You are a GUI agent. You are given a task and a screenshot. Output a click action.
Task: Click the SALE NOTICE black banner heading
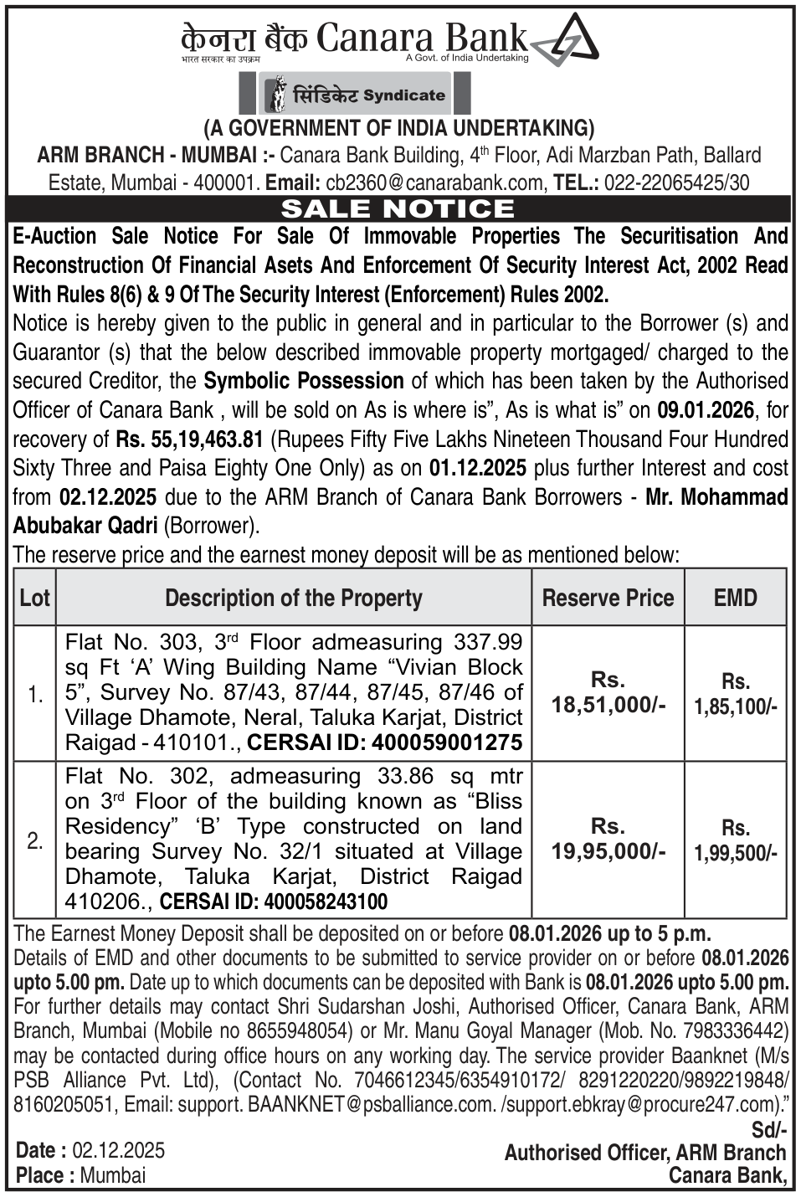point(398,208)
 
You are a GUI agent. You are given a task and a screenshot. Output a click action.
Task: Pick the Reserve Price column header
point(608,598)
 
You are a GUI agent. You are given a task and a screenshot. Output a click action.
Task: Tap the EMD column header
point(735,598)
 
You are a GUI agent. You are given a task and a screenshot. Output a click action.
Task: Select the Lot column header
point(35,598)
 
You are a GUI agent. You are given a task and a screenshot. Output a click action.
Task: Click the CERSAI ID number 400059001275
point(447,742)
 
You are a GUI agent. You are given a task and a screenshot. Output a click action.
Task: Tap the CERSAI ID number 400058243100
point(326,902)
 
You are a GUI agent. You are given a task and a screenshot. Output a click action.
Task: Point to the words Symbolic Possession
point(304,381)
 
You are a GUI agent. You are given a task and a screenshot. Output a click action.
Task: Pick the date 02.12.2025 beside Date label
point(118,1150)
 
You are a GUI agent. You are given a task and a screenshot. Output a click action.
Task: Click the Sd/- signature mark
point(769,1130)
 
